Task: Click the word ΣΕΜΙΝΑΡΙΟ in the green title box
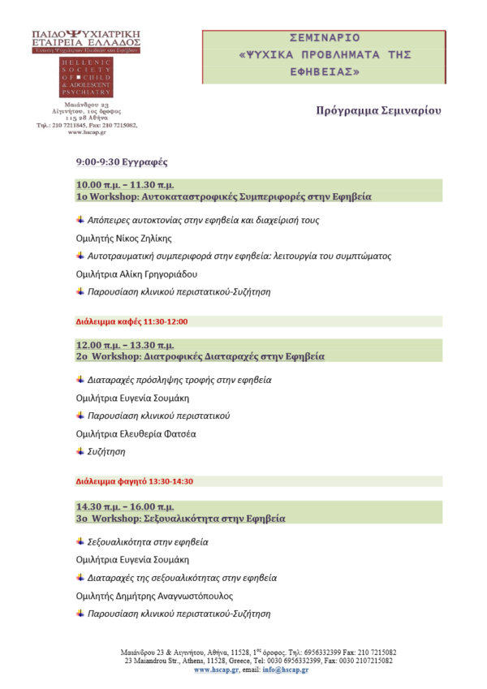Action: [324, 38]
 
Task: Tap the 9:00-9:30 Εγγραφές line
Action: [122, 162]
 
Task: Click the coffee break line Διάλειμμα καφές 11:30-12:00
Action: [131, 321]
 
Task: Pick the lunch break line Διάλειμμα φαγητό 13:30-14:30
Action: [134, 481]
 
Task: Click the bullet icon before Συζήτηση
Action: [80, 451]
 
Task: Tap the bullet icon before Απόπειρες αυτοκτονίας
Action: [80, 220]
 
